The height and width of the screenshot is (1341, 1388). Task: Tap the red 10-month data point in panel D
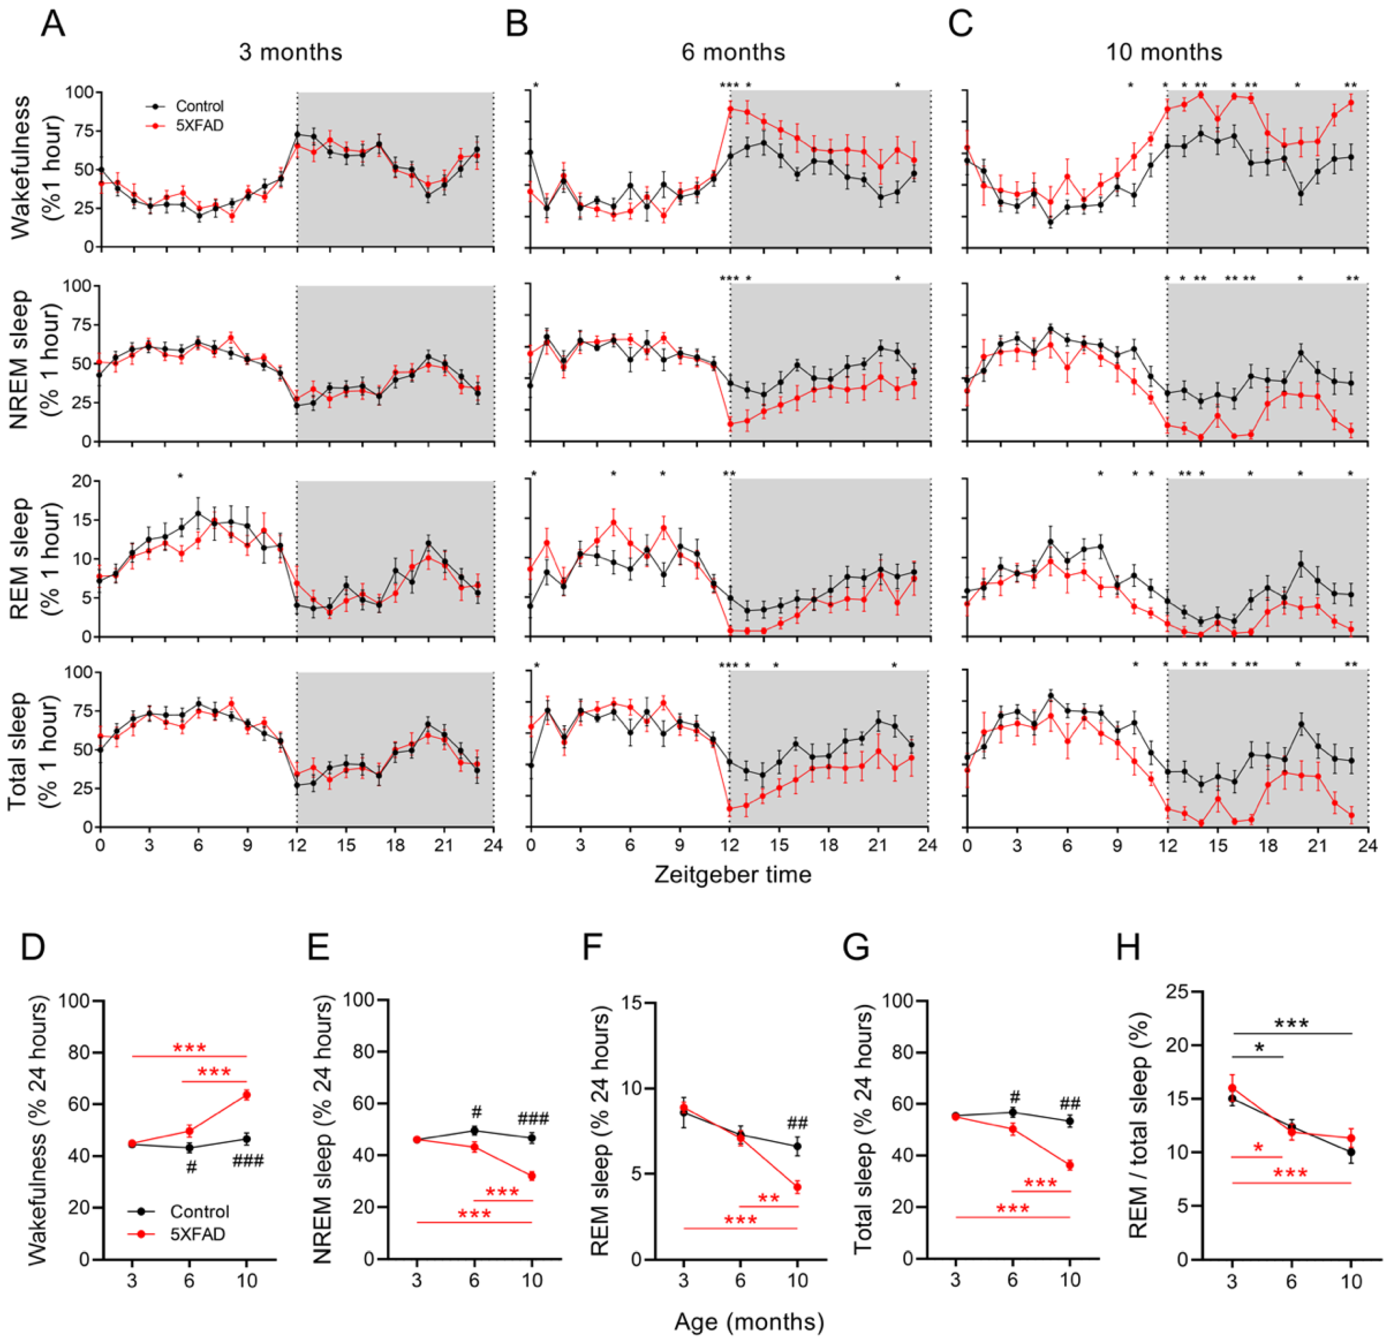(x=247, y=1094)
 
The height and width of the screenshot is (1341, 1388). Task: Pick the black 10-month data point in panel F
(x=798, y=1145)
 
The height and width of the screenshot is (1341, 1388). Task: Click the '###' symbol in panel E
(x=533, y=1118)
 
